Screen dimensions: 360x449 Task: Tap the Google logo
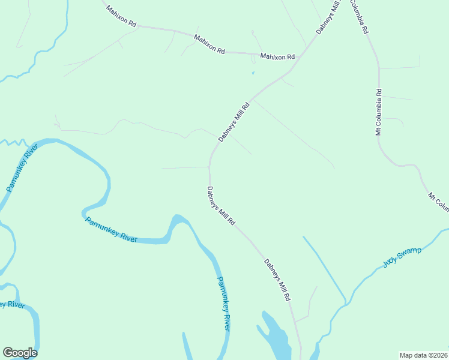coord(20,353)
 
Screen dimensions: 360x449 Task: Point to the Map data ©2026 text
coord(423,355)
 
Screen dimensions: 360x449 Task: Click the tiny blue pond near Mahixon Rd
coord(253,73)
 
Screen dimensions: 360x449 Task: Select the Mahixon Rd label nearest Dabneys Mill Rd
coord(277,56)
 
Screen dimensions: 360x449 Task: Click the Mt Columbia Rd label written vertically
coord(379,112)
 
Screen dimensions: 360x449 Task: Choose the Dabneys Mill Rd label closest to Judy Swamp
coord(277,279)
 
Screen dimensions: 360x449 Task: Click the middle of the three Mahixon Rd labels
coord(209,45)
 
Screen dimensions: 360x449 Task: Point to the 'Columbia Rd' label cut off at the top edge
coord(358,16)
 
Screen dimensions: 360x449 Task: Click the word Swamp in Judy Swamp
coord(409,253)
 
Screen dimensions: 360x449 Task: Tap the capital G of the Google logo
coord(8,353)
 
